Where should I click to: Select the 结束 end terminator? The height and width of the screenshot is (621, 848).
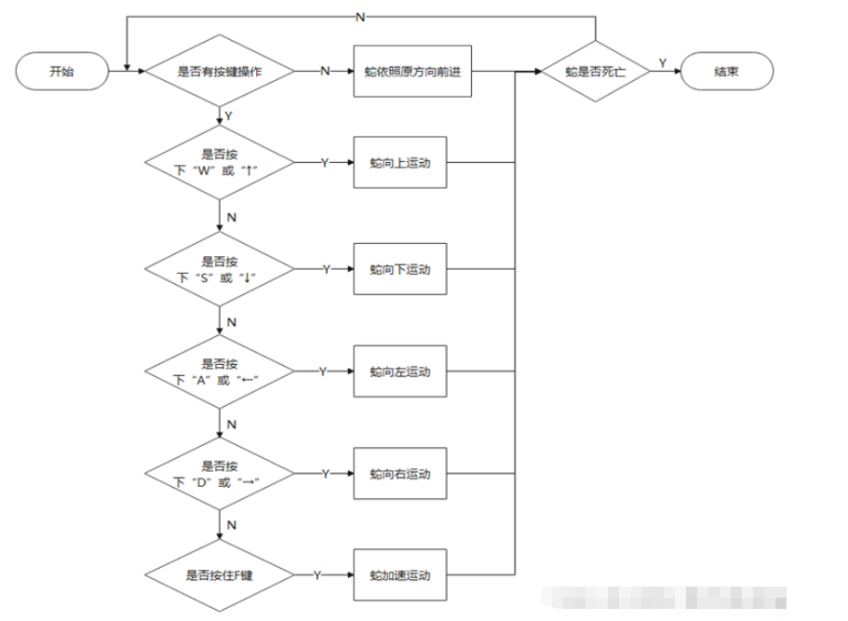click(x=726, y=71)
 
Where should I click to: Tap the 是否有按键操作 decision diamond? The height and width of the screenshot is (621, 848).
click(x=220, y=72)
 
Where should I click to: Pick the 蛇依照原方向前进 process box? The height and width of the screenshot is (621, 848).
click(x=413, y=72)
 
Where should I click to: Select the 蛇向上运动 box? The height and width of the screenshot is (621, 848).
click(x=400, y=163)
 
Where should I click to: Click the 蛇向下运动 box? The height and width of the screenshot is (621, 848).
click(x=400, y=269)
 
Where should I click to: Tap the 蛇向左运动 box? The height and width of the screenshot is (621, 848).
click(x=400, y=371)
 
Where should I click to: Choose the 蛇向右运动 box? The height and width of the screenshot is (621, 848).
click(x=400, y=474)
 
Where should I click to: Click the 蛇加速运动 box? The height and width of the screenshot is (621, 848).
click(x=400, y=575)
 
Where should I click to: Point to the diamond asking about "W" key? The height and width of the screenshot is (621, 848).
click(x=220, y=163)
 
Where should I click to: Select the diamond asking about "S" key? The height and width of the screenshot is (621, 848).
click(x=220, y=269)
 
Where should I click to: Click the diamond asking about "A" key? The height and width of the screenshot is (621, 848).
click(x=220, y=371)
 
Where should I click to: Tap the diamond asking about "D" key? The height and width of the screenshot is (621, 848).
click(x=220, y=474)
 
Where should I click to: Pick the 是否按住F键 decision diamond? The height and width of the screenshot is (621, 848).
click(x=220, y=575)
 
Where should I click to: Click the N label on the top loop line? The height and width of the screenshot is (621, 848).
click(x=359, y=16)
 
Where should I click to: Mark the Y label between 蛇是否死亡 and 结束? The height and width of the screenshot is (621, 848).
click(x=663, y=62)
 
